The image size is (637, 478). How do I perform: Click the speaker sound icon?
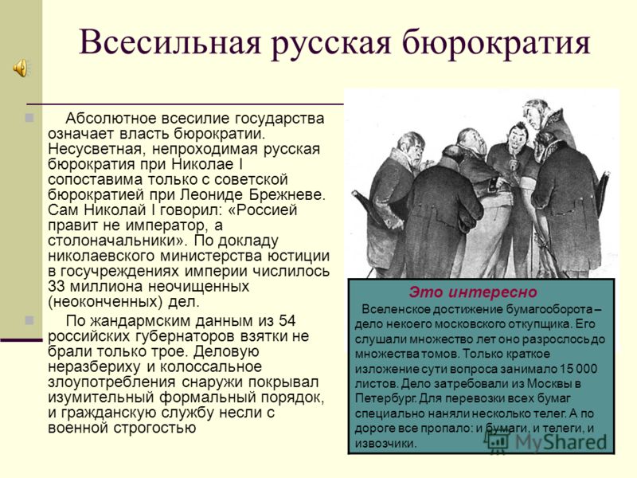[20, 67]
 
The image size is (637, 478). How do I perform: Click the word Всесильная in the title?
[170, 42]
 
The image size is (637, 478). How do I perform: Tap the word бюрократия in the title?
[497, 42]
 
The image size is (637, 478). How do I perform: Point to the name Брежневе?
[287, 194]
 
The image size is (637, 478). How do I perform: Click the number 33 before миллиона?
[57, 287]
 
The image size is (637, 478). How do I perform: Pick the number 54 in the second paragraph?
[287, 321]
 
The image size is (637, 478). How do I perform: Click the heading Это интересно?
[473, 292]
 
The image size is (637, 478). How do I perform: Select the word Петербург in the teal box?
[385, 398]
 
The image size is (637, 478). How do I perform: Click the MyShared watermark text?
[561, 442]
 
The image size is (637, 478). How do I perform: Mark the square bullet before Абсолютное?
[29, 118]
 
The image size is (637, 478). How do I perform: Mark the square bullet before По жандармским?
[29, 320]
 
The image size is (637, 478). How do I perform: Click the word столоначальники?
[115, 241]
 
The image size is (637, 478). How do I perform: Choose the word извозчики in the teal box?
[385, 443]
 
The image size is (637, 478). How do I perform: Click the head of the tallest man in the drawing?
[536, 115]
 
